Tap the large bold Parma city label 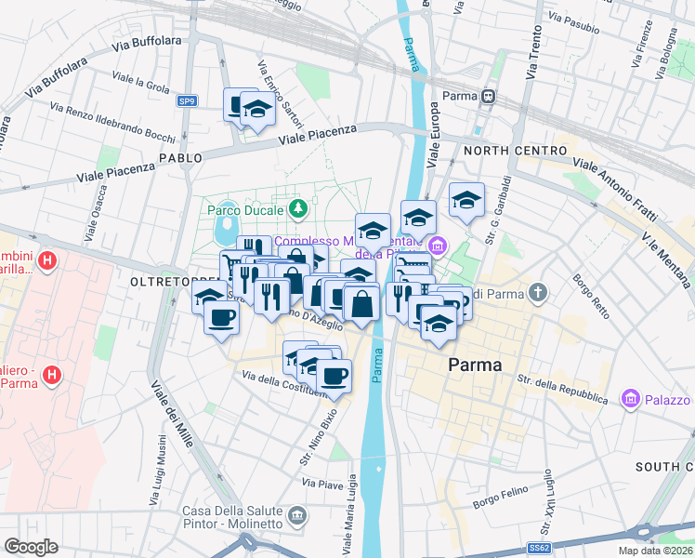475,365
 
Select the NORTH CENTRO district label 515,151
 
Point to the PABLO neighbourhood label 180,158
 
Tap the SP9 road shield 189,100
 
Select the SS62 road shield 540,548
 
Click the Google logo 31,546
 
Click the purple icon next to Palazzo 632,399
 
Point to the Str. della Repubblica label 563,388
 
